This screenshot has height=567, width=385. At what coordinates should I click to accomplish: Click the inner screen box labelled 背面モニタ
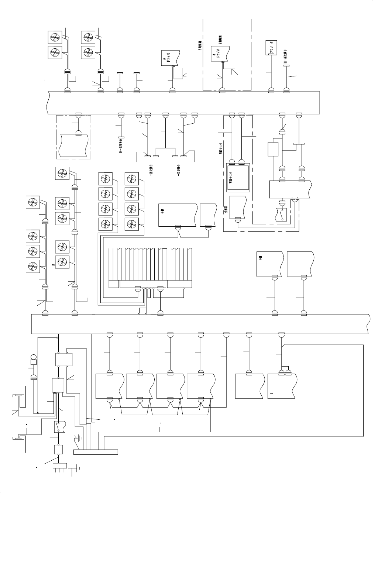pyautogui.click(x=238, y=178)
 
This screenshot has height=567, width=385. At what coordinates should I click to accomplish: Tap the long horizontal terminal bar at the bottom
pyautogui.click(x=96, y=452)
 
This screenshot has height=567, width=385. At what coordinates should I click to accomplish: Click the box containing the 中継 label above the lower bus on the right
pyautogui.click(x=269, y=264)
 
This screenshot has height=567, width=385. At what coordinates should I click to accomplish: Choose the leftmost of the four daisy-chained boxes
pyautogui.click(x=109, y=386)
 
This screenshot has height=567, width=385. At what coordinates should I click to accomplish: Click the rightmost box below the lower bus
pyautogui.click(x=281, y=386)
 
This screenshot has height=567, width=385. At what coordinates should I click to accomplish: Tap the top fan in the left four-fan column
pyautogui.click(x=105, y=179)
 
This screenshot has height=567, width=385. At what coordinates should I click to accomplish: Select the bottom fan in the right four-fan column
pyautogui.click(x=131, y=224)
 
